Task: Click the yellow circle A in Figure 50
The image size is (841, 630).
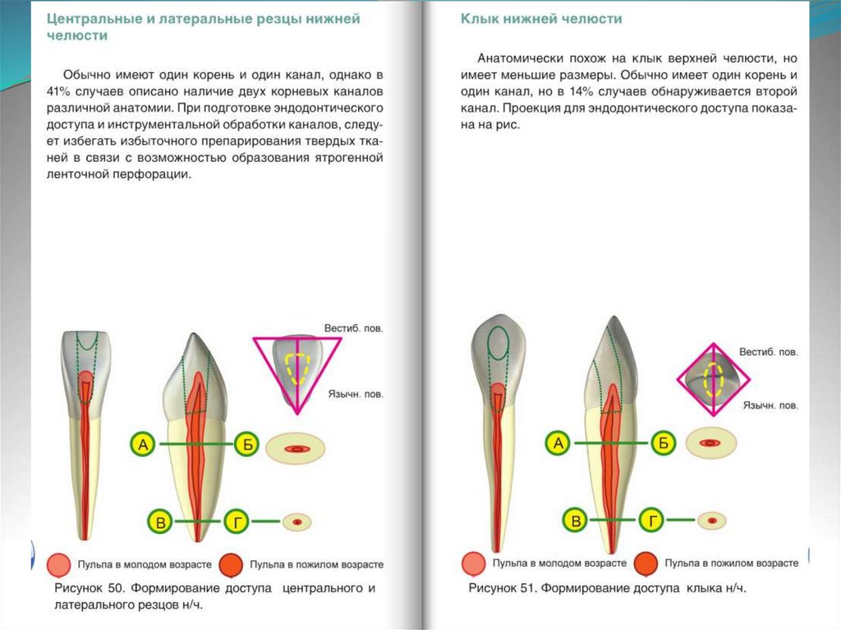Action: click(x=142, y=444)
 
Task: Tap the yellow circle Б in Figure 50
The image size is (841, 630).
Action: click(x=246, y=444)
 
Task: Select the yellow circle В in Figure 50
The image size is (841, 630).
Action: click(x=162, y=522)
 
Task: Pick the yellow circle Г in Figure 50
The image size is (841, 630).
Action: click(x=236, y=522)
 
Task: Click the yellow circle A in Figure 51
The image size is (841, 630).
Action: click(x=558, y=444)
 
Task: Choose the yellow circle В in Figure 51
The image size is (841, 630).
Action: click(x=577, y=521)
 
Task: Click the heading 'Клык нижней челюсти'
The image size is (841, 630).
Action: click(x=540, y=19)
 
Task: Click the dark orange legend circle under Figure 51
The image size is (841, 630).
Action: click(x=646, y=563)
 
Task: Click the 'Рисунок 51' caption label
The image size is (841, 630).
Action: click(x=505, y=588)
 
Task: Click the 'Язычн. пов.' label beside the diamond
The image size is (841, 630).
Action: click(x=770, y=406)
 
